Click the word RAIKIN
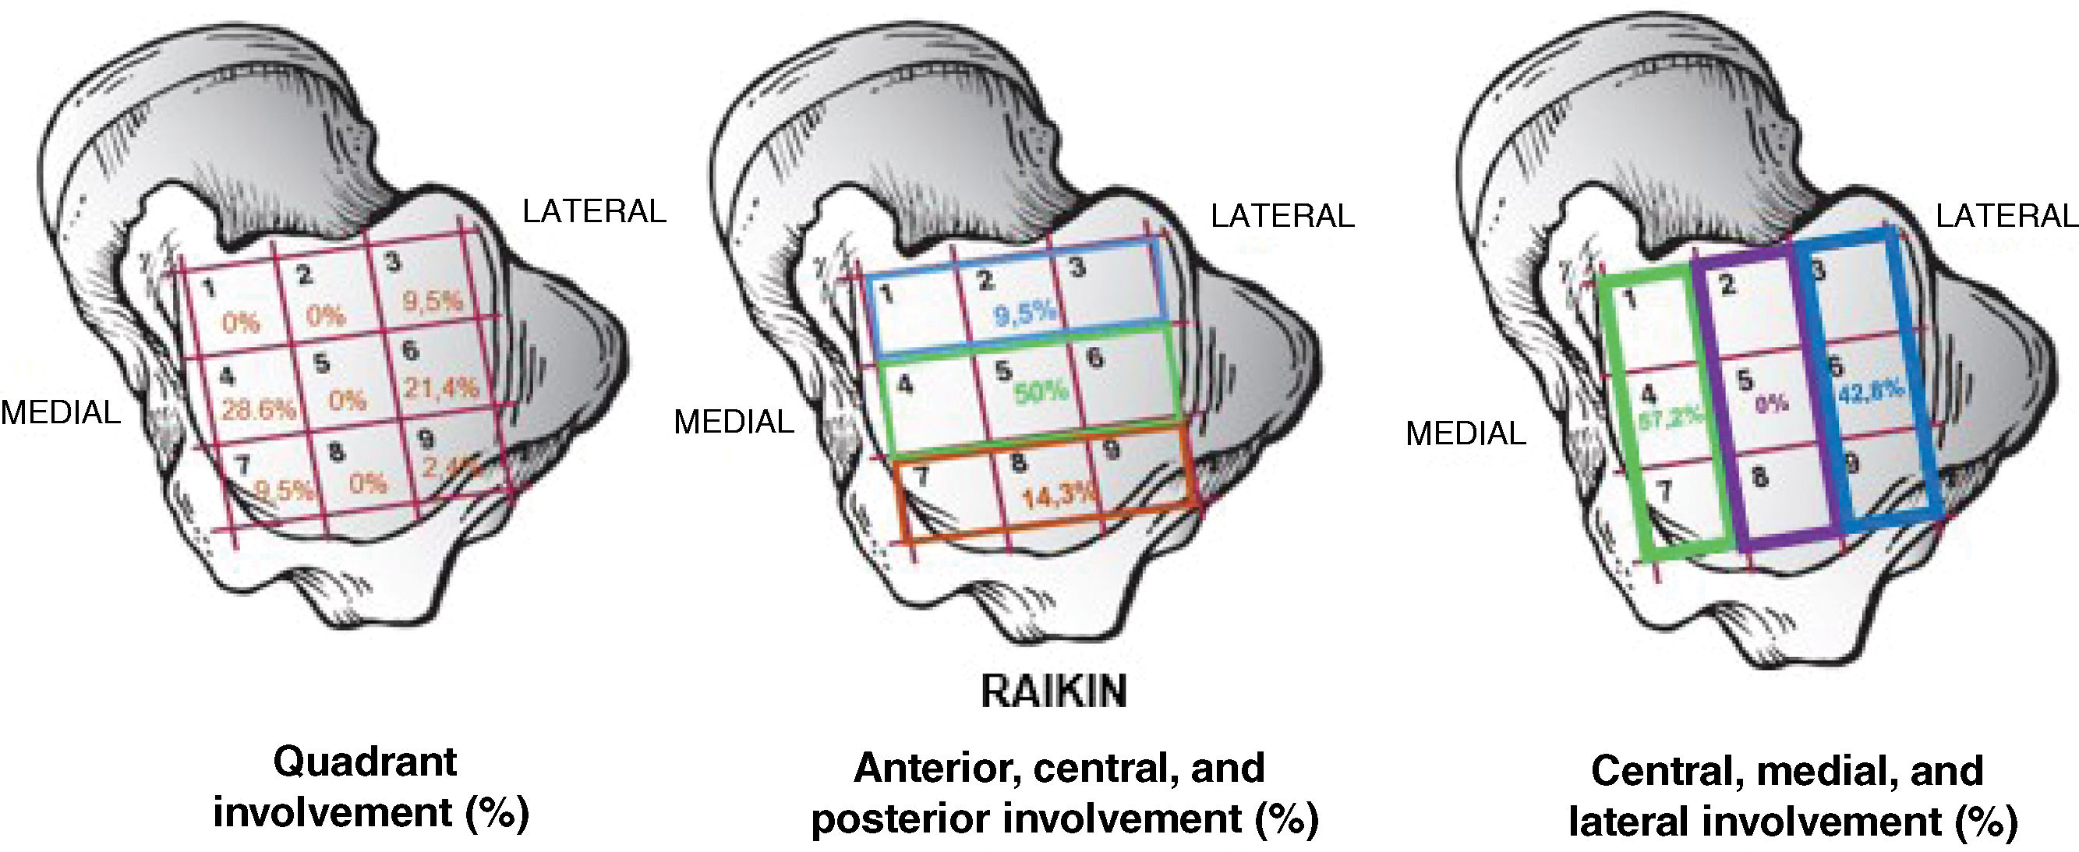(x=1053, y=691)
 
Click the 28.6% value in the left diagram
(x=258, y=410)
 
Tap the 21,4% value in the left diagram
(x=441, y=388)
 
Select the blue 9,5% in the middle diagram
(x=1025, y=313)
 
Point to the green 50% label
(x=1041, y=392)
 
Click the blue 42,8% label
(x=1872, y=394)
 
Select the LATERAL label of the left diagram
(x=594, y=211)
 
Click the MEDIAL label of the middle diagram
(x=734, y=422)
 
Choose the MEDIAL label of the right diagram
(x=1466, y=434)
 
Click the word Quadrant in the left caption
(x=365, y=762)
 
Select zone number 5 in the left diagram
(x=321, y=363)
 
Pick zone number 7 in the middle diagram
(x=921, y=476)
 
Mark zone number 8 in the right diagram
(x=1759, y=477)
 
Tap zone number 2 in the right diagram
(x=1727, y=285)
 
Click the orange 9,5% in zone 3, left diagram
(x=433, y=302)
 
